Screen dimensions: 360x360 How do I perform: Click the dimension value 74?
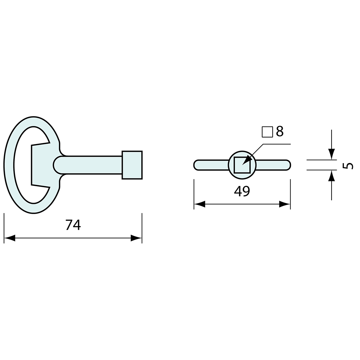(x=73, y=225)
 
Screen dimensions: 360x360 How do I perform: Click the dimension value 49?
(x=242, y=190)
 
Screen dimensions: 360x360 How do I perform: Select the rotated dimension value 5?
(x=348, y=165)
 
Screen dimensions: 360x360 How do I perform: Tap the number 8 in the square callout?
(x=279, y=131)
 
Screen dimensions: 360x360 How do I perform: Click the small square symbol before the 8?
(x=267, y=132)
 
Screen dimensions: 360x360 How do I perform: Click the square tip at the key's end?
(x=132, y=165)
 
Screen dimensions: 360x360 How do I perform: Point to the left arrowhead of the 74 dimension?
(x=9, y=238)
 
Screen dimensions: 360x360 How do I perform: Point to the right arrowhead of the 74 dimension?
(x=136, y=238)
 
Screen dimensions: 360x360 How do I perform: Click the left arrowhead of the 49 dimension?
(x=200, y=204)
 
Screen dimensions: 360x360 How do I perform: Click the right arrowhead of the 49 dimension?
(x=284, y=204)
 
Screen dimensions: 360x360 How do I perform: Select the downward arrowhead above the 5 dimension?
(x=332, y=154)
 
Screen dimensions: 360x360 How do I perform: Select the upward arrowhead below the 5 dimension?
(x=332, y=176)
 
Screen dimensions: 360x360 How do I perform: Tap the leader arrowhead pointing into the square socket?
(x=247, y=160)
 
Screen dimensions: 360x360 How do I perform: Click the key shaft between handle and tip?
(x=92, y=165)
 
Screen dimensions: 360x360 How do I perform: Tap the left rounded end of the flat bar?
(x=197, y=165)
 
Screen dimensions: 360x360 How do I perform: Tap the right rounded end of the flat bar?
(x=288, y=165)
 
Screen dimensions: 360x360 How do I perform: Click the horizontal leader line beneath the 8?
(x=277, y=144)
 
